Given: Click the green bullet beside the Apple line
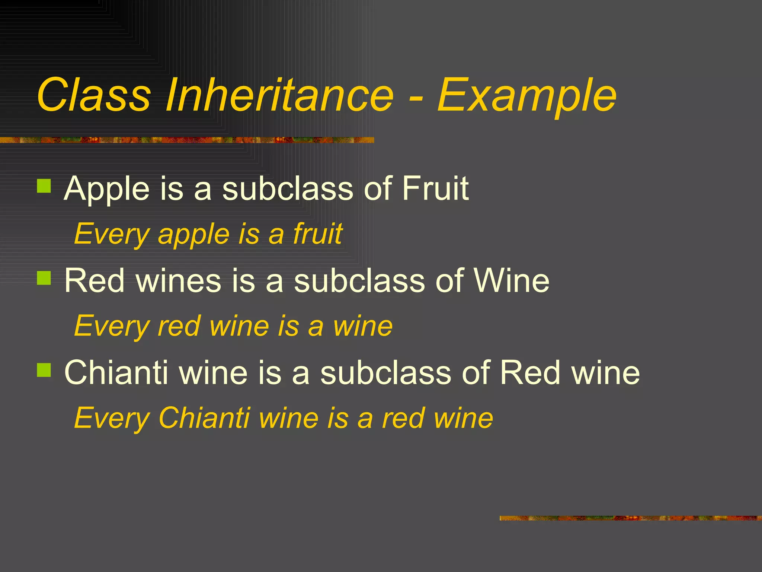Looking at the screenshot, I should [x=44, y=186].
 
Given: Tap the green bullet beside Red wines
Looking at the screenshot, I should [x=44, y=278].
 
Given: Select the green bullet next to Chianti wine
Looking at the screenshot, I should [x=44, y=370].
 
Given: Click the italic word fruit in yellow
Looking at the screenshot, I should [x=318, y=234].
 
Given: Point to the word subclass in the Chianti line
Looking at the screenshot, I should [x=385, y=372].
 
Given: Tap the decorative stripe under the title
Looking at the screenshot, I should [x=186, y=140].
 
